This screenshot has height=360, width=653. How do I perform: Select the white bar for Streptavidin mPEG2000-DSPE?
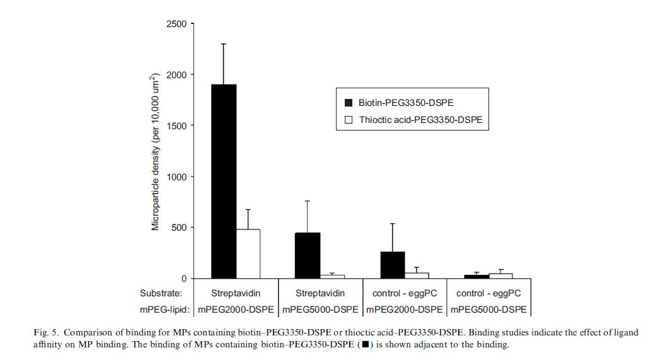click(248, 253)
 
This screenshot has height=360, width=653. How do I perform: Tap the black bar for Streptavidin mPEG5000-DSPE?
click(308, 255)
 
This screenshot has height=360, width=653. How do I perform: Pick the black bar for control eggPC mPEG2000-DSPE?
click(392, 265)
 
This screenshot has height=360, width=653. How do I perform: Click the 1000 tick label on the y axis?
click(176, 177)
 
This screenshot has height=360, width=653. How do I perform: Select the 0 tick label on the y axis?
click(183, 279)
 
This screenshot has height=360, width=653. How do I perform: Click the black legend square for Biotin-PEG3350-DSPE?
click(349, 103)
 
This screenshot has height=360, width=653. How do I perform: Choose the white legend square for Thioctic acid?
click(349, 120)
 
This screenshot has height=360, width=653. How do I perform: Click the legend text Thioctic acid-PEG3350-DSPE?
click(420, 120)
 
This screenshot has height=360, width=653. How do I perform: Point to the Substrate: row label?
click(161, 293)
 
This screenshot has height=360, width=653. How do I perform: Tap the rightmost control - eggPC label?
click(488, 293)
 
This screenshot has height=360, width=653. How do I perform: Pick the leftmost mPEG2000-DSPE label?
click(236, 310)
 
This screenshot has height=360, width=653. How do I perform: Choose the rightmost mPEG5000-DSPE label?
click(488, 310)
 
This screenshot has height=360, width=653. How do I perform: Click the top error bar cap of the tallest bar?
click(224, 44)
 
